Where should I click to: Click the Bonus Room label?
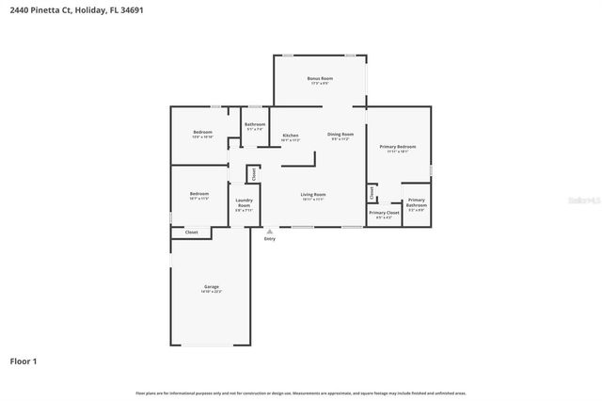(321, 78)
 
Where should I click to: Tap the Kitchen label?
(291, 136)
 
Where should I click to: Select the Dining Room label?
(341, 135)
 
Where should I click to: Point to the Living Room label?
(313, 194)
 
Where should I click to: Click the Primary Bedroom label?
(398, 147)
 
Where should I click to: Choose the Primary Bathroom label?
(416, 202)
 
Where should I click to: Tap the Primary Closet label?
(384, 214)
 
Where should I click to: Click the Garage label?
(212, 286)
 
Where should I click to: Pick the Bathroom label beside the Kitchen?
(254, 124)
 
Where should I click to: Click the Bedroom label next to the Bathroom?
(202, 132)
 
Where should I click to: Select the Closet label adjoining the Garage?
(191, 232)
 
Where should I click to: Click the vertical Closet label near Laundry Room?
(253, 174)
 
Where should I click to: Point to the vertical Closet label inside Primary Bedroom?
(372, 192)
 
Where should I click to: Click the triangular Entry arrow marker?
(270, 231)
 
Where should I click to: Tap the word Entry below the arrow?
(270, 239)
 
